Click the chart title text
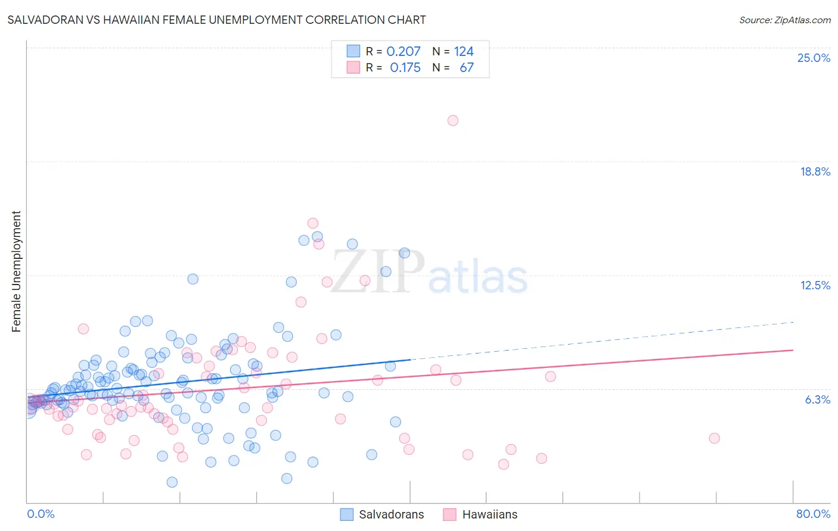pyautogui.click(x=216, y=20)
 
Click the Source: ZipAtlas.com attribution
pyautogui.click(x=784, y=20)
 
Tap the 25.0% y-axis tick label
pyautogui.click(x=813, y=58)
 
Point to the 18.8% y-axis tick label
pyautogui.click(x=814, y=171)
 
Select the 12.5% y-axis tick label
pyautogui.click(x=814, y=285)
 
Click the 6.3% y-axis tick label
pyautogui.click(x=817, y=399)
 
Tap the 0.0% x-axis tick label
pyautogui.click(x=41, y=514)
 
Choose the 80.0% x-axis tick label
pyautogui.click(x=813, y=514)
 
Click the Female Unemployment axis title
pyautogui.click(x=16, y=271)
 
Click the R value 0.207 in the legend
pyautogui.click(x=404, y=51)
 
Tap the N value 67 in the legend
pyautogui.click(x=466, y=68)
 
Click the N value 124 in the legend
pyautogui.click(x=464, y=51)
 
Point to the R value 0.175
pyautogui.click(x=405, y=68)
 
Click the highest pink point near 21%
pyautogui.click(x=453, y=120)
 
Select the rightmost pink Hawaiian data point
pyautogui.click(x=714, y=438)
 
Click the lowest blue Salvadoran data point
pyautogui.click(x=172, y=482)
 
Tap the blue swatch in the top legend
pyautogui.click(x=353, y=51)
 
